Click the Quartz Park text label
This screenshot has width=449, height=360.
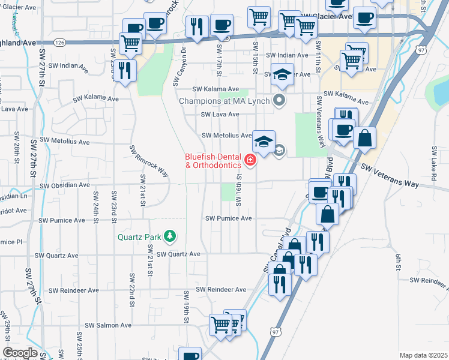coord(140,236)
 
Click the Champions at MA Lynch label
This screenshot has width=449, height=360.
coord(226,101)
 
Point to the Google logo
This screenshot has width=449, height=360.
coord(19,353)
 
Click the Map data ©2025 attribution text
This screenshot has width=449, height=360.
coord(423,355)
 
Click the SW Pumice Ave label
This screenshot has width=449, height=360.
coord(228,218)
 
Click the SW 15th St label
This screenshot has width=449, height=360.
coord(256,58)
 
